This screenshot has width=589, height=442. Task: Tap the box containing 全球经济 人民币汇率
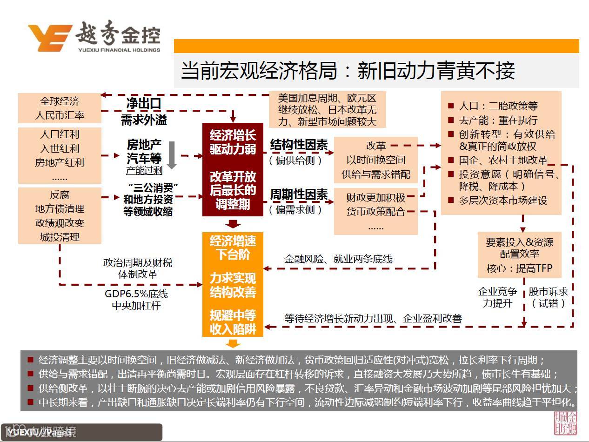tap(60, 108)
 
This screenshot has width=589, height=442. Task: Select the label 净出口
tap(144, 104)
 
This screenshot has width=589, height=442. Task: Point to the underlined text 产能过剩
tap(144, 171)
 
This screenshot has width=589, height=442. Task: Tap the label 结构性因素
tap(299, 146)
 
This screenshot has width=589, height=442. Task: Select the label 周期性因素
tap(299, 195)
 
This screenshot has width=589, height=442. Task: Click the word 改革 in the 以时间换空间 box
tap(375, 146)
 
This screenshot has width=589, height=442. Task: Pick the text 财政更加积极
tap(375, 198)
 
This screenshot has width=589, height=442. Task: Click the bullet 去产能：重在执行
tap(498, 121)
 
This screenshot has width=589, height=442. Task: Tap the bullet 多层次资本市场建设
tap(502, 201)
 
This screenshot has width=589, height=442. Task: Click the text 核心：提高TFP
tap(519, 268)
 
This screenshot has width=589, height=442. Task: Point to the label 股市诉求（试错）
tap(548, 297)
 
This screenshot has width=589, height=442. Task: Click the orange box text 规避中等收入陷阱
tap(233, 322)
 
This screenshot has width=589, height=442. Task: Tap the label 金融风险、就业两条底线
tap(338, 259)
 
